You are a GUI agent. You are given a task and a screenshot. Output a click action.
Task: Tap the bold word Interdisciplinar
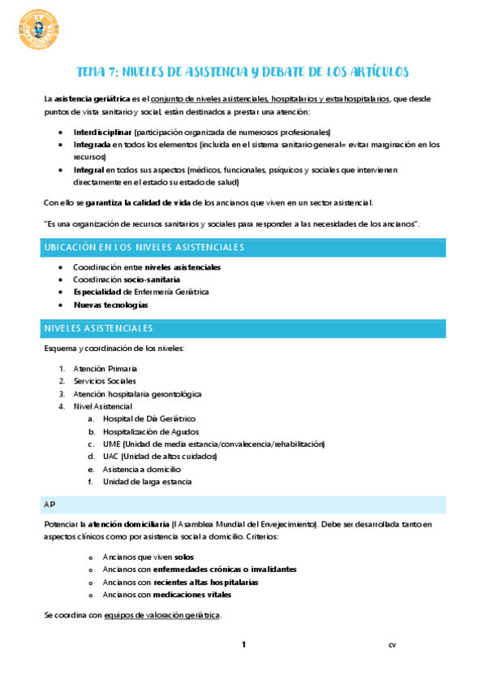102,132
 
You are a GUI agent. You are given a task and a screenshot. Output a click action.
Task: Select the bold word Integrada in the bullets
91,145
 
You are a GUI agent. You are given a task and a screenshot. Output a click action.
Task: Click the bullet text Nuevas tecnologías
110,305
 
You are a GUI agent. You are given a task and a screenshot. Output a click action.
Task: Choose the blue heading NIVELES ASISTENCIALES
101,328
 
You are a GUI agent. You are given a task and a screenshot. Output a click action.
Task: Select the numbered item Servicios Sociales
105,381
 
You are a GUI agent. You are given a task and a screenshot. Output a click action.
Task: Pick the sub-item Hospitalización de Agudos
150,431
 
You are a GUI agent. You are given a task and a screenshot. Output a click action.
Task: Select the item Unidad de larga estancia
147,482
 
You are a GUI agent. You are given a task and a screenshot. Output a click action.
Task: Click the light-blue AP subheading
50,505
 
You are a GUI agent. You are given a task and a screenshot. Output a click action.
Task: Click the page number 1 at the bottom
243,644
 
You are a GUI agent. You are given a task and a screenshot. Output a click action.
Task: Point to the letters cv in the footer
392,645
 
